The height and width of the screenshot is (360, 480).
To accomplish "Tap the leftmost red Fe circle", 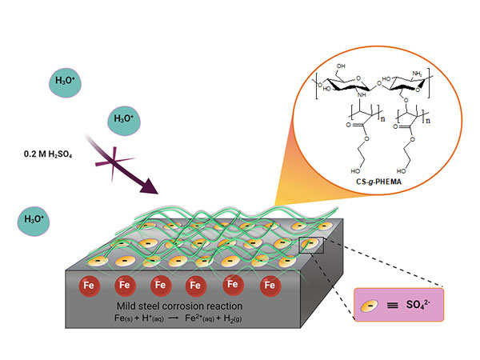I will click(x=89, y=283).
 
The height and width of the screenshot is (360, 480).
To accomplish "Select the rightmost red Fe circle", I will click(x=270, y=283).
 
